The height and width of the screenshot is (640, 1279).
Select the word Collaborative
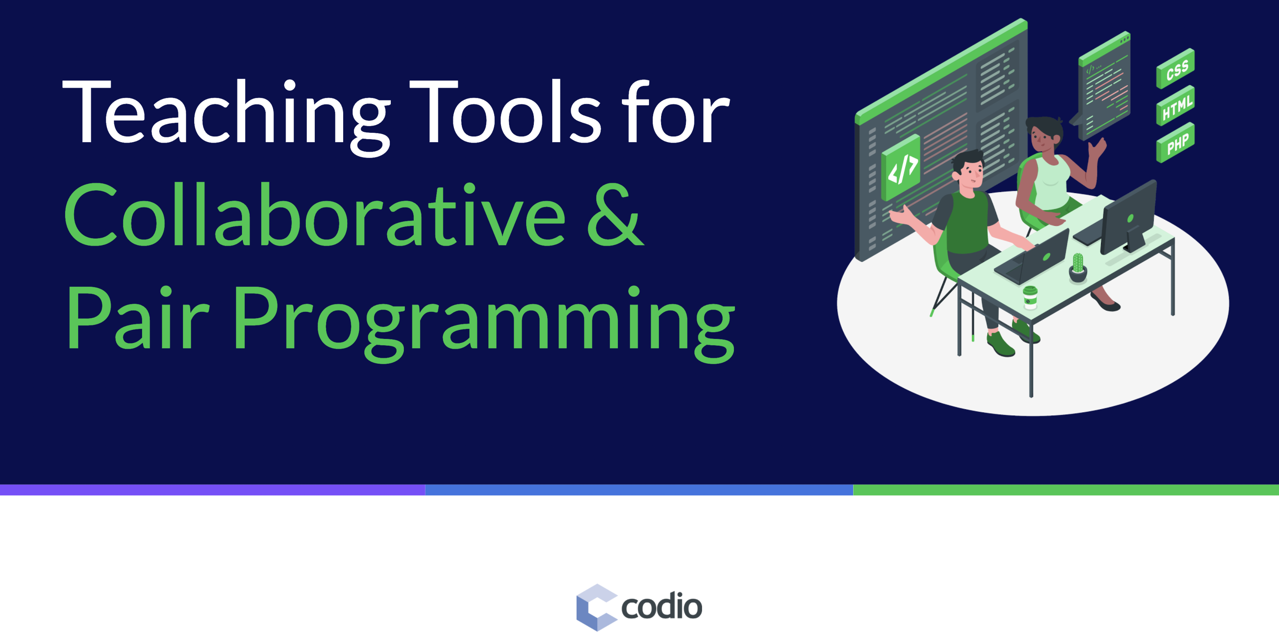click(x=315, y=216)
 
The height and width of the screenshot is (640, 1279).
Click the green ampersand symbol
click(x=615, y=216)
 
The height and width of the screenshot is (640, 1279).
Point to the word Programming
click(x=483, y=320)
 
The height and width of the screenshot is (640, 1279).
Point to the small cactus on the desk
click(x=1078, y=267)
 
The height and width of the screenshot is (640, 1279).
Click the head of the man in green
click(x=968, y=171)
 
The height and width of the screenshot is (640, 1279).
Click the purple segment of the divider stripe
click(x=213, y=490)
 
